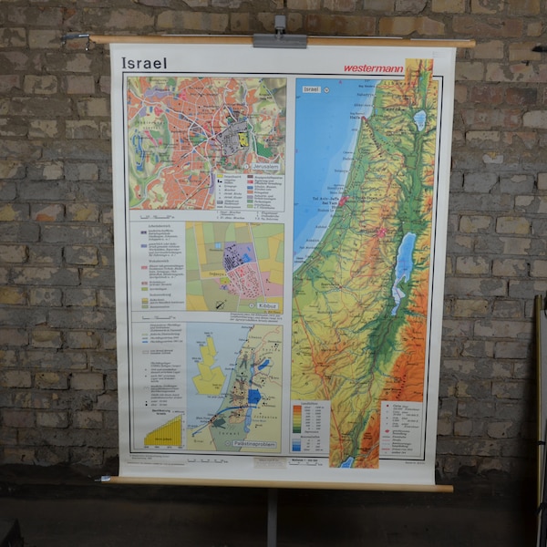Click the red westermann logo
click(373, 67)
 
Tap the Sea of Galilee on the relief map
click(419, 119)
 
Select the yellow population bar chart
click(164, 429)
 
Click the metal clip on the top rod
click(280, 38)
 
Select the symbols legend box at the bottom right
click(401, 428)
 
